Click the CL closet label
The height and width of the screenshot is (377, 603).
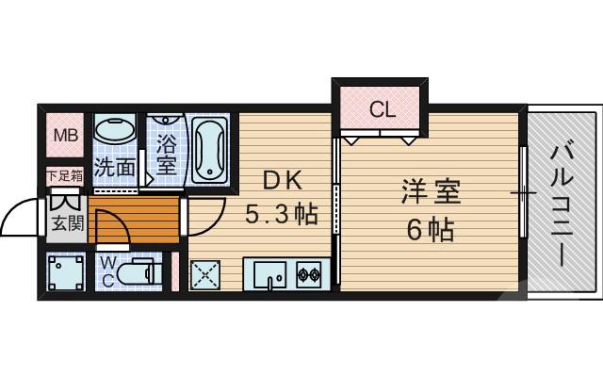click(382, 109)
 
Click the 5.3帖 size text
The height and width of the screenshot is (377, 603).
click(281, 216)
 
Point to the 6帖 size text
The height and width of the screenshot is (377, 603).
click(431, 227)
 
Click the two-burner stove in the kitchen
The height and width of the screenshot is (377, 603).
click(309, 275)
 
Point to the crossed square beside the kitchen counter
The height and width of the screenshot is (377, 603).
click(206, 275)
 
